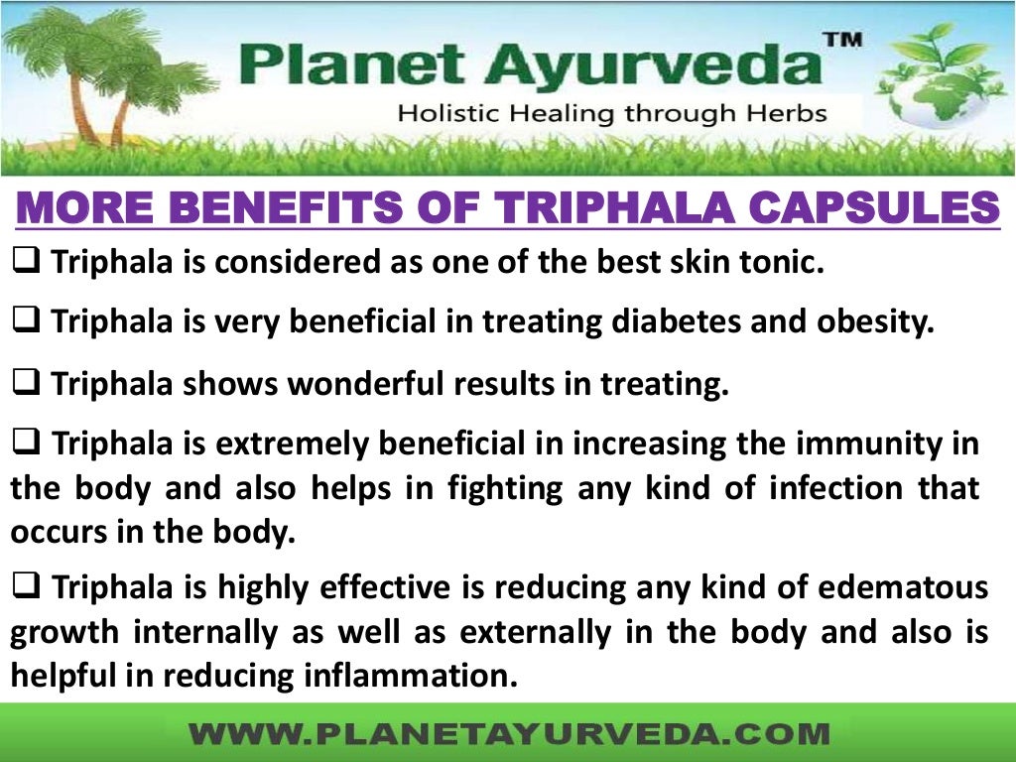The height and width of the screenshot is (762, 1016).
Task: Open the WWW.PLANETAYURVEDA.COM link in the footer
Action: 508,734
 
